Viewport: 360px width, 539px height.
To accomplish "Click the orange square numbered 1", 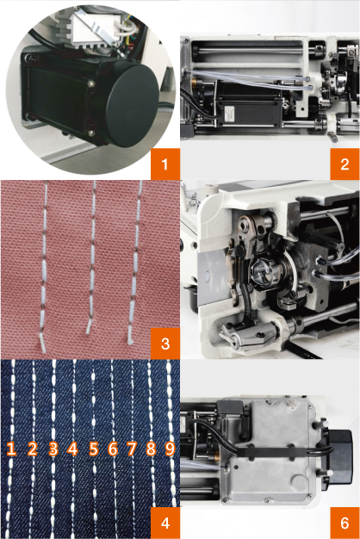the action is point(165,164).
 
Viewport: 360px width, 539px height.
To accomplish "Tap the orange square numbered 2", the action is point(344,164).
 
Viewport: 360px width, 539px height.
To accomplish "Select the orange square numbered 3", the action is point(165,344).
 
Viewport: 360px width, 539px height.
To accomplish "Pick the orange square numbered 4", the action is point(165,523).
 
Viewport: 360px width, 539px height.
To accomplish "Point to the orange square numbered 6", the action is point(344,523).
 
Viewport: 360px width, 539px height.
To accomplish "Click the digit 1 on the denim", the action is point(11,449).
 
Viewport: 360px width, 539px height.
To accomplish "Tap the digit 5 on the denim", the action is point(94,449).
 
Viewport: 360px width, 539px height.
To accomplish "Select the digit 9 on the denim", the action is point(170,449).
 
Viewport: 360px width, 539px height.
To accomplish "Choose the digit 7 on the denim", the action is point(132,449).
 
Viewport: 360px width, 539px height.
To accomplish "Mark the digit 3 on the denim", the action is point(53,449).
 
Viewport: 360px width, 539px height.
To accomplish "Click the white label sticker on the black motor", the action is point(228,115).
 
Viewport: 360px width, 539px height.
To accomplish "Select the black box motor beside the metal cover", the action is point(339,455).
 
